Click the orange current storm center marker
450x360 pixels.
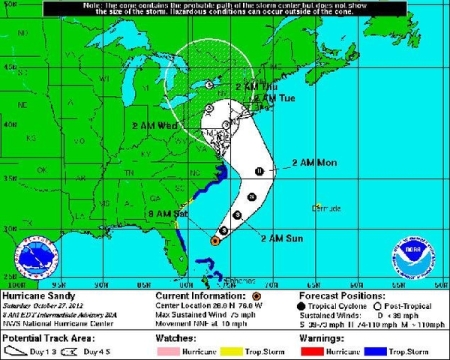coord(215,240)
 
